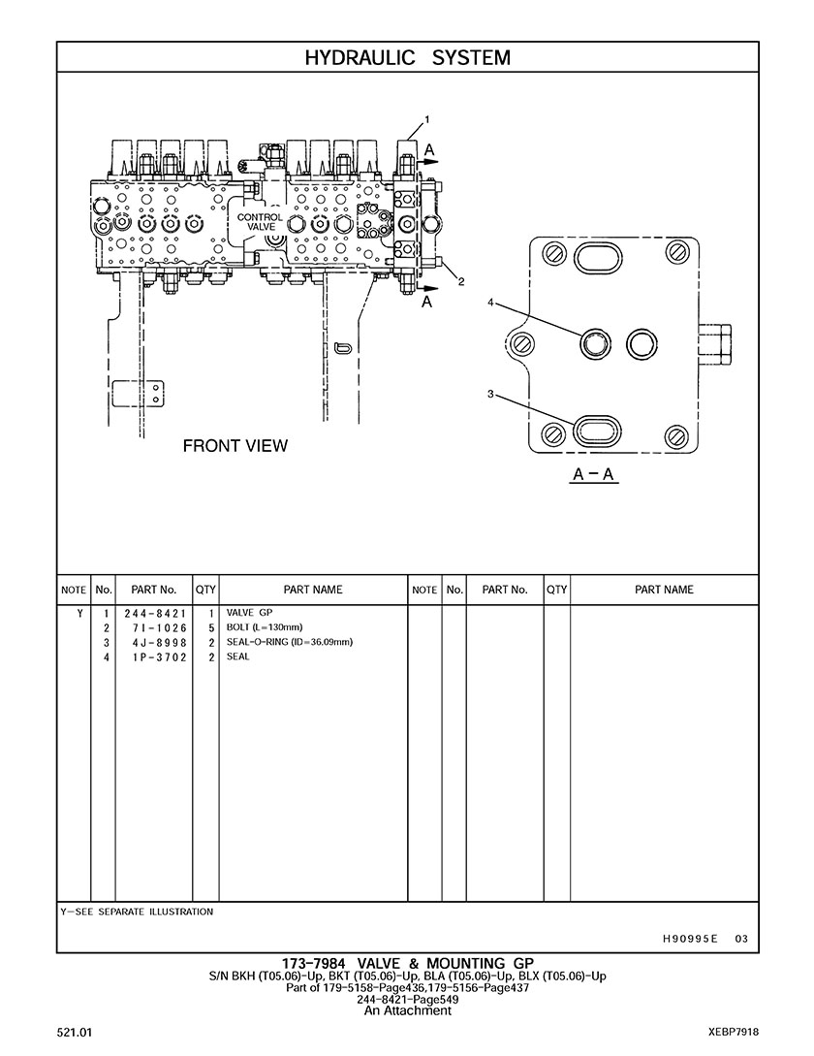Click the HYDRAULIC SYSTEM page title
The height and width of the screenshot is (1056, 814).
tap(407, 57)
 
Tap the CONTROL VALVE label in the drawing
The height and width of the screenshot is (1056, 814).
tap(261, 222)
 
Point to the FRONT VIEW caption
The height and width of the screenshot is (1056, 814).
tap(235, 446)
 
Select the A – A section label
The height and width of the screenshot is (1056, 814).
tap(595, 474)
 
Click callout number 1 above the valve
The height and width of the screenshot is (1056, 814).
tap(427, 119)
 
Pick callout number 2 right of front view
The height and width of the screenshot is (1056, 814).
tap(461, 282)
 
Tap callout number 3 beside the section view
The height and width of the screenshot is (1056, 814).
tap(491, 394)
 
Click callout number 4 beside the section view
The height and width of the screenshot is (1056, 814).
tap(491, 304)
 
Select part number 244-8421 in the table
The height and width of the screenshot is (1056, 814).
tap(155, 614)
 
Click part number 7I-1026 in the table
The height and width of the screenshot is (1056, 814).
tap(155, 628)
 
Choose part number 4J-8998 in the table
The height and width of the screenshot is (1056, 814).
tap(155, 643)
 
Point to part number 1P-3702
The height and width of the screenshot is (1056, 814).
tap(155, 657)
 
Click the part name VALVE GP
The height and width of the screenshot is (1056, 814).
tap(250, 613)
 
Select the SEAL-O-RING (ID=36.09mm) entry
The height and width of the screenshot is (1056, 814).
tap(290, 642)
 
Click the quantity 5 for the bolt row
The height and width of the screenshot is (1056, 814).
tap(210, 628)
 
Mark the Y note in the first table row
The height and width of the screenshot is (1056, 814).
tap(79, 614)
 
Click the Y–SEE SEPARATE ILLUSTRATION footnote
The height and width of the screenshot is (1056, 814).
tap(137, 912)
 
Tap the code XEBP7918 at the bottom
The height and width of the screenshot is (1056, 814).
tap(734, 1033)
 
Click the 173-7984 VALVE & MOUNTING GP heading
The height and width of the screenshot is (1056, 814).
tap(407, 963)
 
